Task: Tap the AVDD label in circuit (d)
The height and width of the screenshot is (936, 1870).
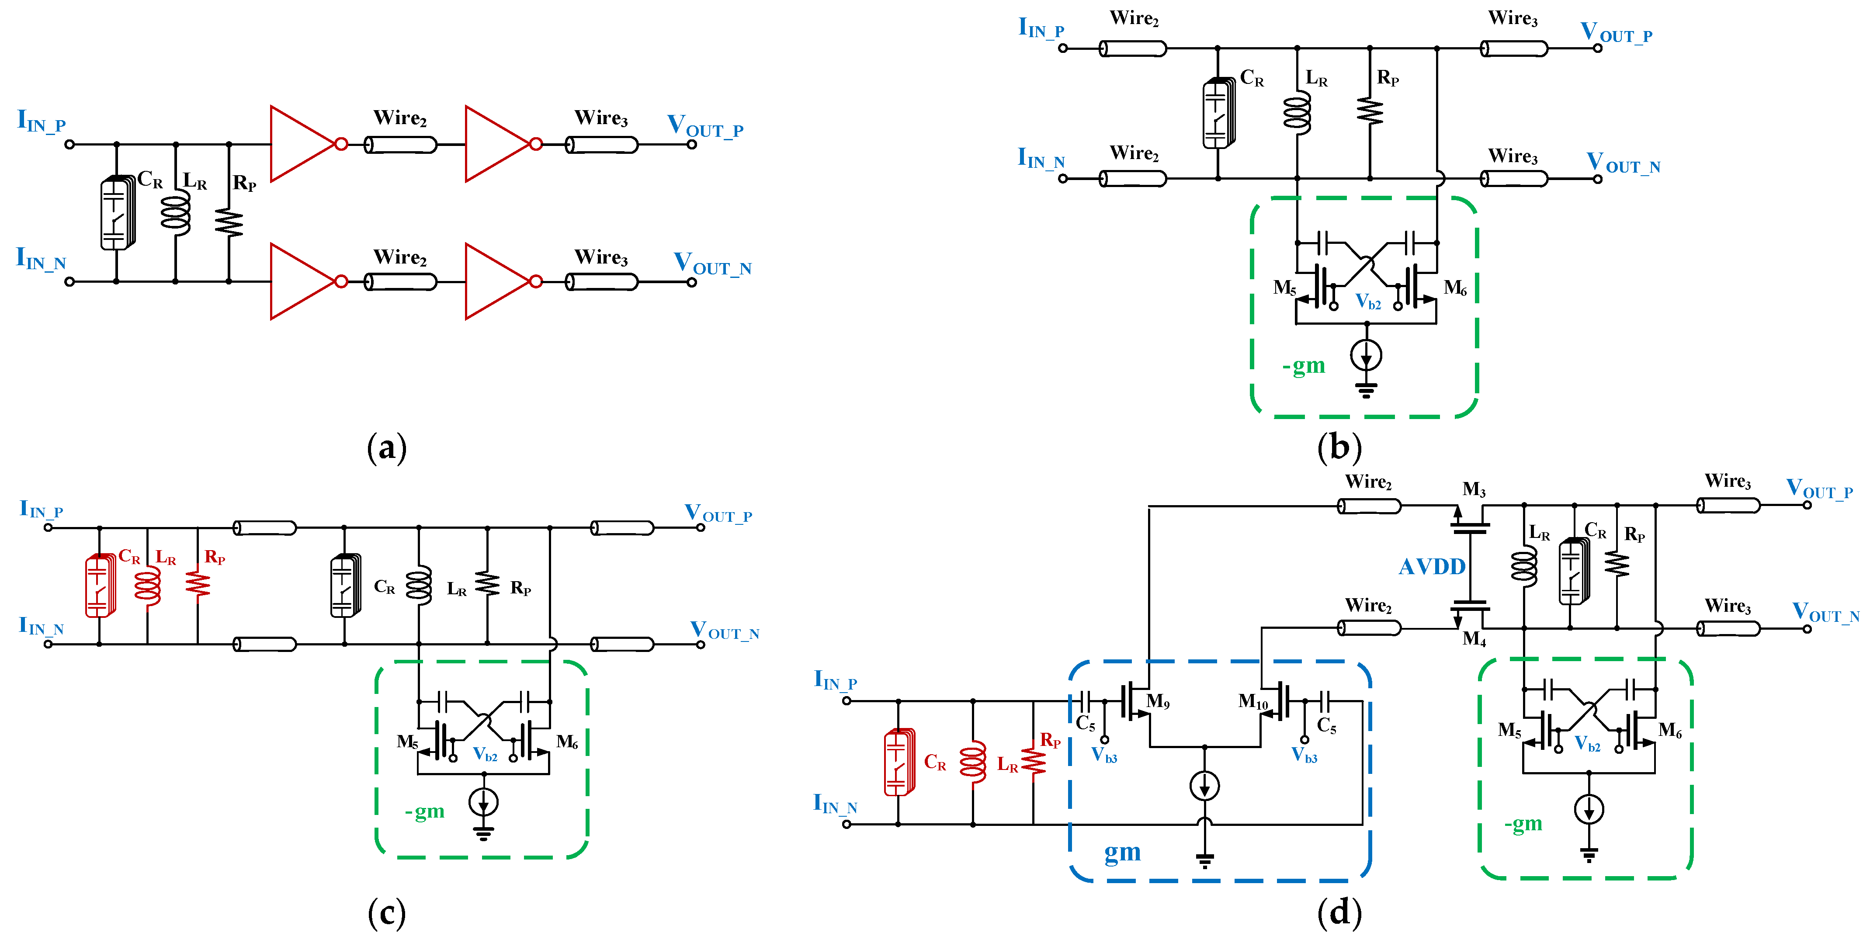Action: (1432, 567)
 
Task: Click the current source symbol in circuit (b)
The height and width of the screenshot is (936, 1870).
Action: (1366, 356)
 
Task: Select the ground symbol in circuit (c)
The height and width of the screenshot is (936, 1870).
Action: (483, 833)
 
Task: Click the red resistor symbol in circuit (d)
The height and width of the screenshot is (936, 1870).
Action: (1033, 760)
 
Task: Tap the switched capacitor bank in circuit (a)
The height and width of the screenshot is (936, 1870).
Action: (117, 213)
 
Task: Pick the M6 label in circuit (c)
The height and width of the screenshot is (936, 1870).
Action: (567, 742)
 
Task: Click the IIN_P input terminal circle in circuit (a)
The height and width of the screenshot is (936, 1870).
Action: (69, 144)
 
